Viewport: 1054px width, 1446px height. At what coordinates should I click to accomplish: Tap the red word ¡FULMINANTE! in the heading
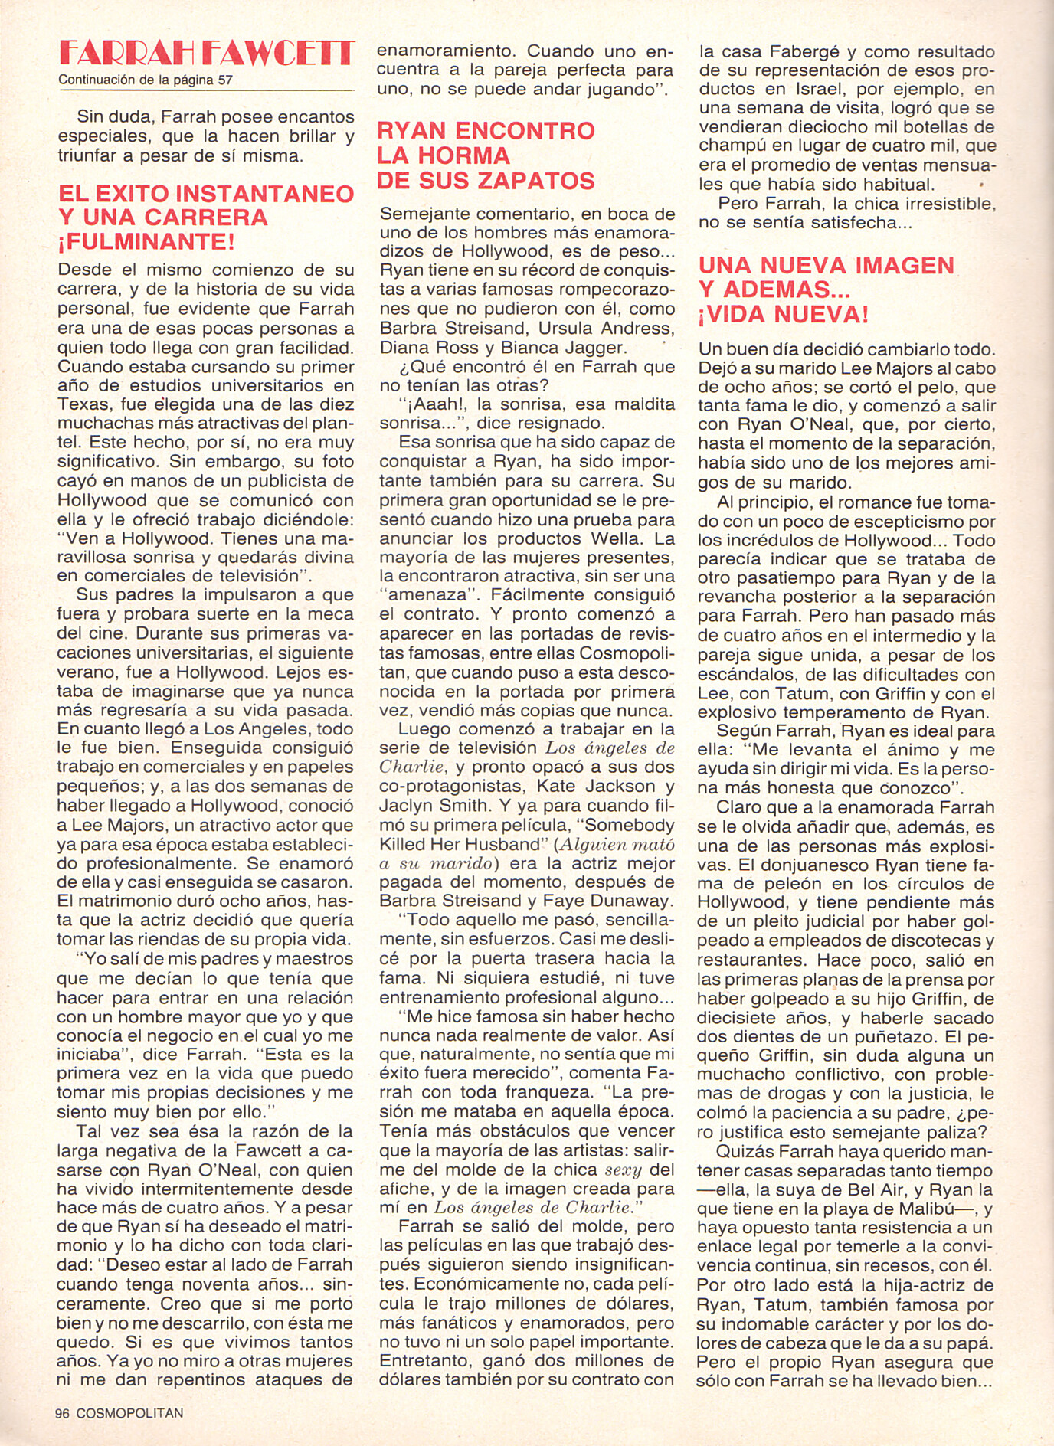(147, 242)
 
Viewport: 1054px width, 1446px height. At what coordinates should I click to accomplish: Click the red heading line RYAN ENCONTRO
(486, 131)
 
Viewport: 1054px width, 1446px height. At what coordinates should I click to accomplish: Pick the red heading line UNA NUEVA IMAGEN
(827, 266)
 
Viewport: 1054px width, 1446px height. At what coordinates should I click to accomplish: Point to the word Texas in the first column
(81, 404)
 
